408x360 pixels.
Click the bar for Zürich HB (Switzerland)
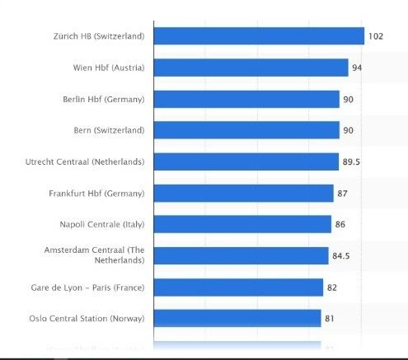point(259,36)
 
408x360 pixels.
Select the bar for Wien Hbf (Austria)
point(251,68)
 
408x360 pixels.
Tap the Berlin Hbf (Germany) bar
point(246,99)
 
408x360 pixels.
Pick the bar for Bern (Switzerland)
point(246,130)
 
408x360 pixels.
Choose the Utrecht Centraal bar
point(246,161)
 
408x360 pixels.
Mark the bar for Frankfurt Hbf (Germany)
point(243,193)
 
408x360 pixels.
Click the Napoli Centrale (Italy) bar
point(242,224)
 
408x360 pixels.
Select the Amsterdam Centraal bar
point(241,255)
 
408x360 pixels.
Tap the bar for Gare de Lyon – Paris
point(238,287)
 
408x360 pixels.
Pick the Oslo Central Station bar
point(237,318)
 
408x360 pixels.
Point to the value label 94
point(357,68)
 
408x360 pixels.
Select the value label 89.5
point(352,162)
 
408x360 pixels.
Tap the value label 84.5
point(342,256)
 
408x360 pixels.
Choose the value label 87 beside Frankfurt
point(345,194)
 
